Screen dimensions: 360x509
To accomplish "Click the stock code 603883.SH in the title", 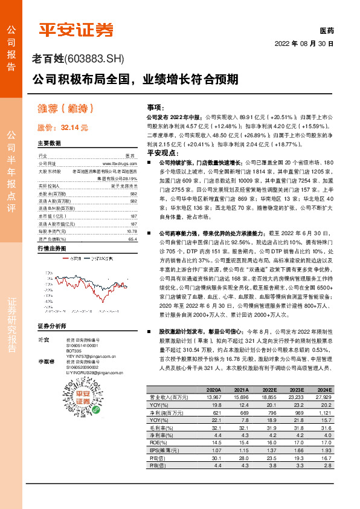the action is point(94,59).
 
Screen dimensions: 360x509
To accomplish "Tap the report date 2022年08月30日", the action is point(304,44).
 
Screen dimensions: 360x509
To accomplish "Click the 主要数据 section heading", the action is point(49,144).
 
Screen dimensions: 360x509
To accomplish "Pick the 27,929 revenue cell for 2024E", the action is point(324,397).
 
